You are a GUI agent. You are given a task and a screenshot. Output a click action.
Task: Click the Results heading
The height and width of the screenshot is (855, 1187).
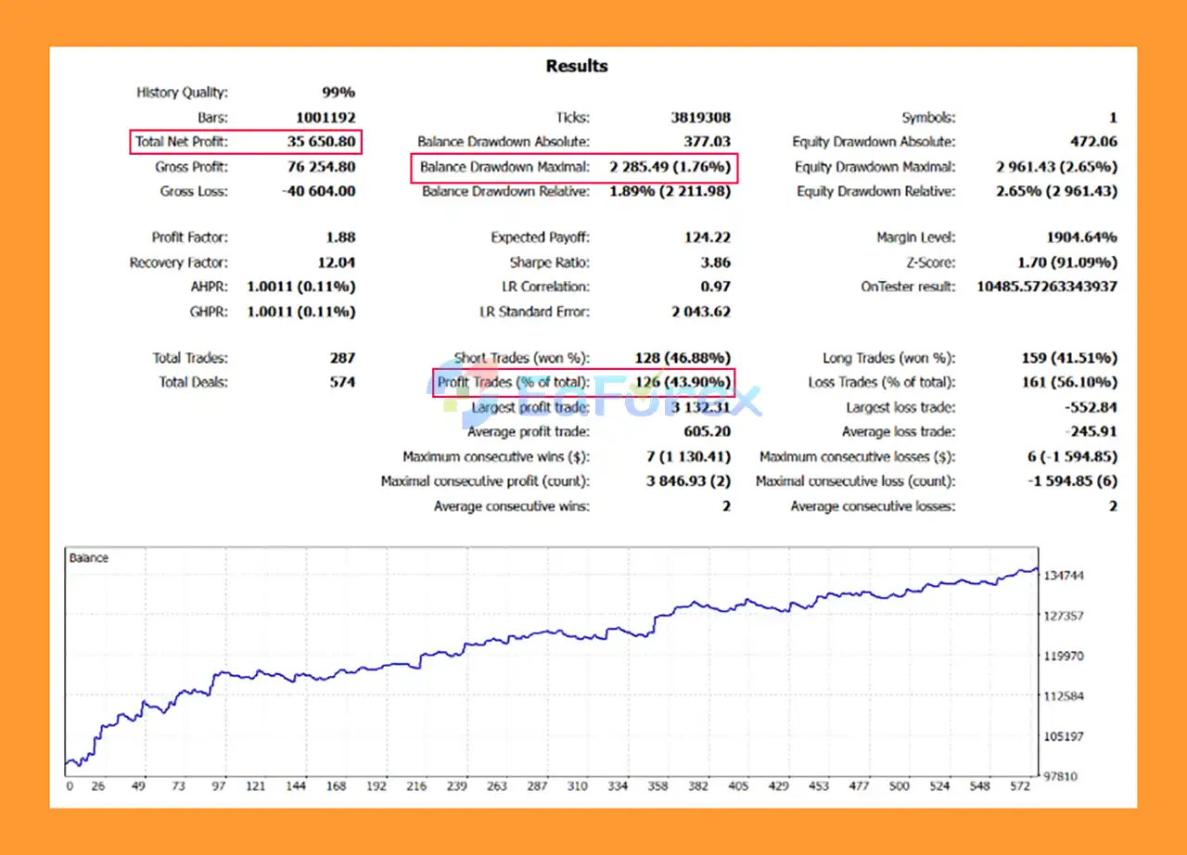(x=576, y=66)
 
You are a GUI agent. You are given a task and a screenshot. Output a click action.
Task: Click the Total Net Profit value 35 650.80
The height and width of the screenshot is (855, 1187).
(x=321, y=142)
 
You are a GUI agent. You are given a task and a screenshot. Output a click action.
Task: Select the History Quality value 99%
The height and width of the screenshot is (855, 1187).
(x=338, y=93)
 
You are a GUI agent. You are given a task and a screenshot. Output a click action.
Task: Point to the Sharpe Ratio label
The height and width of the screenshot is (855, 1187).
(x=549, y=262)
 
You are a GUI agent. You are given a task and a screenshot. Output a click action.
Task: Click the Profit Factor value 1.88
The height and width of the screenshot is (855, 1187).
(x=340, y=237)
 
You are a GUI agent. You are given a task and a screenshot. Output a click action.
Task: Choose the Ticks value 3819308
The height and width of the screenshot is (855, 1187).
(x=700, y=118)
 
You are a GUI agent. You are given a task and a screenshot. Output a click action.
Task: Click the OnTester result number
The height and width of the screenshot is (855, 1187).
(x=1046, y=287)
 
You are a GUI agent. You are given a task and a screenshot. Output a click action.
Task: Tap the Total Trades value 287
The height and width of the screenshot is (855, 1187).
(x=342, y=358)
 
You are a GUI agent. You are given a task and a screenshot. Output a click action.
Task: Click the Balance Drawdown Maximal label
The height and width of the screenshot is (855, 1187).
(x=504, y=168)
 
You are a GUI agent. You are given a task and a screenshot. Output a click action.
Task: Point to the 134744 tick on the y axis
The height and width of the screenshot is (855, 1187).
(x=1064, y=576)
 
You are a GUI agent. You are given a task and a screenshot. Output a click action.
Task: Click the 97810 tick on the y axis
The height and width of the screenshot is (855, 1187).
(x=1061, y=776)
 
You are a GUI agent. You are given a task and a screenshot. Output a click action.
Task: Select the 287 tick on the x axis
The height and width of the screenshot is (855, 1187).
(x=537, y=786)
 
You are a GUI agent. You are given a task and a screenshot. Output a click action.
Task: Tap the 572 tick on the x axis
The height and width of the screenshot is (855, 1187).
(x=1021, y=786)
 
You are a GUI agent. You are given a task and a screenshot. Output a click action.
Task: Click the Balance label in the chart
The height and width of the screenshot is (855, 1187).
(x=89, y=558)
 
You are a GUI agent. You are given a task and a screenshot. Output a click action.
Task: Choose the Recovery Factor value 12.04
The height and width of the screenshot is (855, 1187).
(x=337, y=262)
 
